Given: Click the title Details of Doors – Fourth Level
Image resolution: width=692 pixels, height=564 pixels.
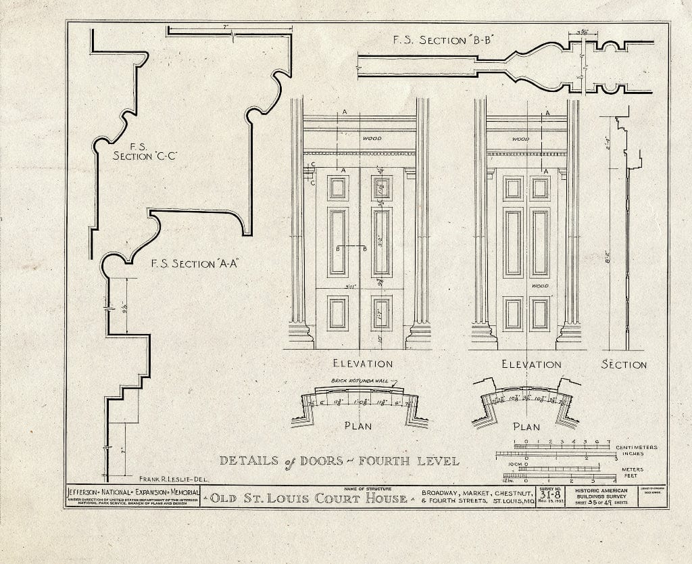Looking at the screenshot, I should pos(339,461).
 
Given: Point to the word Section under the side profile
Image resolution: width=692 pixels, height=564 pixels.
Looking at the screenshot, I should pos(624,365).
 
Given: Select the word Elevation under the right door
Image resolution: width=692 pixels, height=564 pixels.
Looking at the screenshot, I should pos(531,365).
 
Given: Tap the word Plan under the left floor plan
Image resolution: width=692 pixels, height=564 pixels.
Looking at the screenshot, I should pos(358,427).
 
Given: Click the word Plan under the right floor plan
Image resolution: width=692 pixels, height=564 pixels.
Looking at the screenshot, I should pos(526,427).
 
